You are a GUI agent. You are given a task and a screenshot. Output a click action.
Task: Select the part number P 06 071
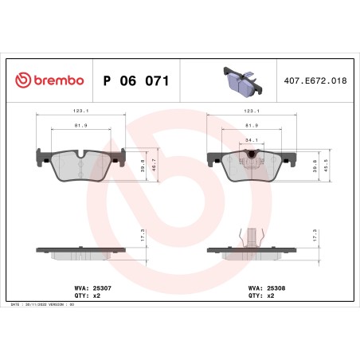point(135,81)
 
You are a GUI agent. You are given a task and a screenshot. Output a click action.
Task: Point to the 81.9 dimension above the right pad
point(252,125)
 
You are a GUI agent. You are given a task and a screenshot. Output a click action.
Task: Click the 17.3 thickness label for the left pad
point(144,237)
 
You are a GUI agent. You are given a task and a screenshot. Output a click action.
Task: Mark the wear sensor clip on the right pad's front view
point(252,156)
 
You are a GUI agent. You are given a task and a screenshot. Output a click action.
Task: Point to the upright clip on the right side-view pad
point(251,237)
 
